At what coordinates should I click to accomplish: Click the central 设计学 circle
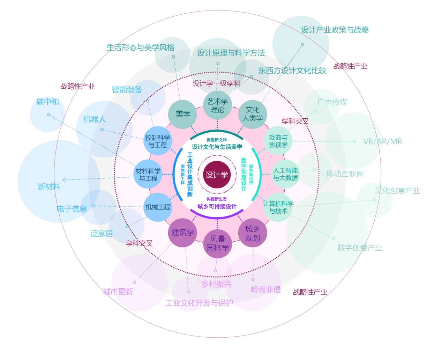point(217,175)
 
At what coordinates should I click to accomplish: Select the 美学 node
point(182,114)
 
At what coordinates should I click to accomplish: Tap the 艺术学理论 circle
point(217,105)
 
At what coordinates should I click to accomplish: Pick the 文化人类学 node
point(253,114)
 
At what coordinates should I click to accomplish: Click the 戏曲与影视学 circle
point(278,141)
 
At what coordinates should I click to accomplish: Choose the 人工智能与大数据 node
point(285,174)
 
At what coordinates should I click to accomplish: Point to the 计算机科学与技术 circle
point(278,207)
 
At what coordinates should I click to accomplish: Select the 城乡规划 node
point(253,233)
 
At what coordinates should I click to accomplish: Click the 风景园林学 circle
point(217,244)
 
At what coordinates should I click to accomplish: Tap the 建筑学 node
point(182,233)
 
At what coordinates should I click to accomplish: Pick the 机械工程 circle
point(158,207)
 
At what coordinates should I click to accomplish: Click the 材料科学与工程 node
point(148,175)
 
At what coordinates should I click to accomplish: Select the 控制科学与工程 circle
point(158,141)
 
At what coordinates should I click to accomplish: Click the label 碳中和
point(47,102)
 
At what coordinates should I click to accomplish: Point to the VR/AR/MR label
point(382,141)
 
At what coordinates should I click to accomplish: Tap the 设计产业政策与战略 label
point(335,30)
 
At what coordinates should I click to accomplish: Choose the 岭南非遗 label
point(265,289)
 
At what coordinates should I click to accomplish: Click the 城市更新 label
point(118,292)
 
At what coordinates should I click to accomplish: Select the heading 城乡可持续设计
point(217,206)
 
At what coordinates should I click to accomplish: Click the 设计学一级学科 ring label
point(216,83)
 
